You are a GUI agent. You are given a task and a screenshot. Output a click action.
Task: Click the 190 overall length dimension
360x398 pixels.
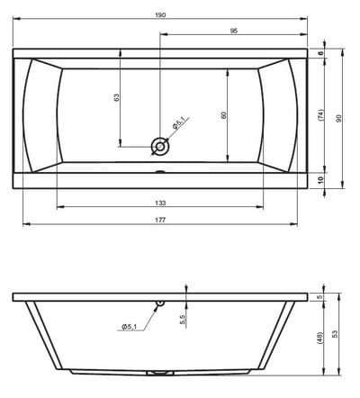[160, 15]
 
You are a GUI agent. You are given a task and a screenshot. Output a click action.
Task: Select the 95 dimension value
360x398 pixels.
[234, 31]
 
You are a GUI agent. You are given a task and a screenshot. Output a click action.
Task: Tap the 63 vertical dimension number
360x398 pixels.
[117, 97]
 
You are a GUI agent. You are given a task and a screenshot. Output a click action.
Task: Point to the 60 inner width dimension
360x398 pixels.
[223, 115]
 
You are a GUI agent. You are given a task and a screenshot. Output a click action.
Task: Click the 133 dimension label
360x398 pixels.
[160, 204]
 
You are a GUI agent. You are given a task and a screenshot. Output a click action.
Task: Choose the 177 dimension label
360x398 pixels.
[160, 221]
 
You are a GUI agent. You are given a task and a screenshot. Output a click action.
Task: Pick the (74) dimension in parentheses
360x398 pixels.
[320, 115]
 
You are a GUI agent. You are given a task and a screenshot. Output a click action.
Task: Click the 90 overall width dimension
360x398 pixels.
[339, 118]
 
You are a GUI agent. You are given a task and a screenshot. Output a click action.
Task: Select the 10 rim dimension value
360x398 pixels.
[320, 180]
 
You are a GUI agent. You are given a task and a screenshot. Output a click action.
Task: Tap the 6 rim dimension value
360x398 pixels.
[320, 53]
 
